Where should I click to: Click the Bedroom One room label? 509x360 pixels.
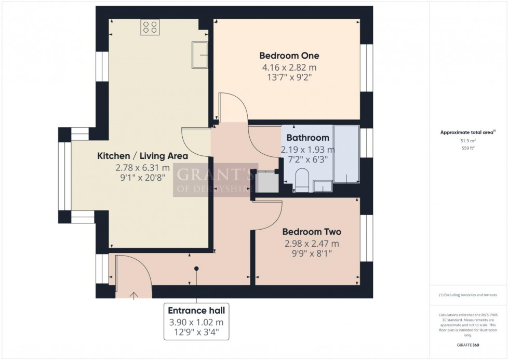click(289, 56)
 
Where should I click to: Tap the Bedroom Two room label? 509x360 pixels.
click(312, 232)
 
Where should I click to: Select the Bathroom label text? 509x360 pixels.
click(307, 138)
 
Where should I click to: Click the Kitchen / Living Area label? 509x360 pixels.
click(142, 155)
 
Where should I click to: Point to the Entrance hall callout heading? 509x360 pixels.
click(196, 310)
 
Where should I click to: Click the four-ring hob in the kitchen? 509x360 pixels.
click(151, 27)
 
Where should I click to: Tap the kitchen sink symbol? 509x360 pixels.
click(200, 55)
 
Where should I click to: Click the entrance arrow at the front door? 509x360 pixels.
click(134, 295)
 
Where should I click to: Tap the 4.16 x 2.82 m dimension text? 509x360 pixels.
click(289, 68)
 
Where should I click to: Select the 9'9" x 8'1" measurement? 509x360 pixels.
click(312, 254)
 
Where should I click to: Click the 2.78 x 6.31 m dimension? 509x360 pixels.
click(142, 167)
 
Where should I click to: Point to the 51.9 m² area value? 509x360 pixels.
click(468, 140)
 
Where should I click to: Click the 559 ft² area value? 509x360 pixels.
click(468, 148)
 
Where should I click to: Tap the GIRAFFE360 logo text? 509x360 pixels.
click(468, 344)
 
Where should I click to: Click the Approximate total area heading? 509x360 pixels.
click(468, 132)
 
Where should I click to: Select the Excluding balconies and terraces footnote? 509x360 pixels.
click(468, 295)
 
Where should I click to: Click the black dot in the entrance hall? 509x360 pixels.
click(196, 269)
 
